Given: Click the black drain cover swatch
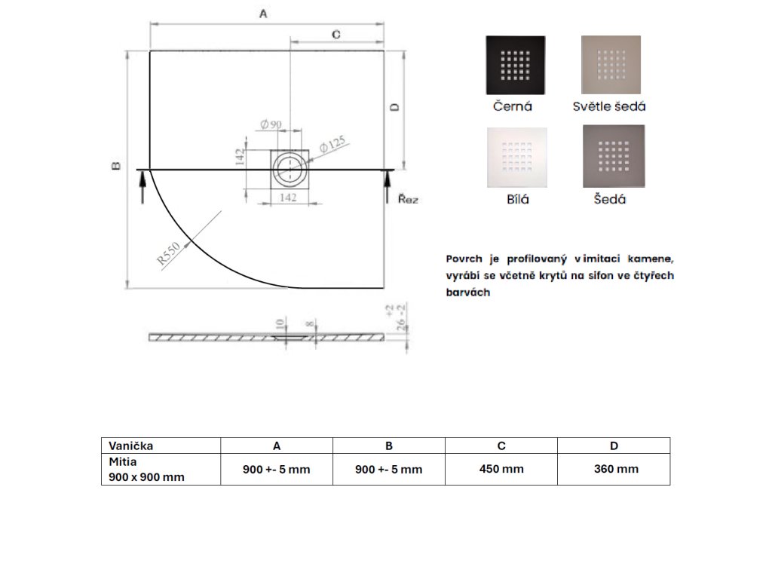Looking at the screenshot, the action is coord(516,65).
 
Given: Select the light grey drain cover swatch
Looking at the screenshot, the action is coord(611,65).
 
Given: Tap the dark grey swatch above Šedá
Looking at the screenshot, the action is coord(614,155).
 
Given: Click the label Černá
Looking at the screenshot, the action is coord(513,106).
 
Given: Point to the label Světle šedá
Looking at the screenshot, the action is coord(609,106).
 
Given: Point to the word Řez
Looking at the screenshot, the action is coord(408,200).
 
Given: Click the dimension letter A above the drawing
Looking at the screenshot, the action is coord(263,13).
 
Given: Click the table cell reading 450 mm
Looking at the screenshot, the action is coord(501,469).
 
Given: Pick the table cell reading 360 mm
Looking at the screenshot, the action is coord(616,469).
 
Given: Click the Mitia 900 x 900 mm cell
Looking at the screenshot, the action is coord(146,469).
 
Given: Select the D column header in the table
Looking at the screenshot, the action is coord(614,446).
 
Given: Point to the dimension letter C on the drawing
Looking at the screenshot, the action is coord(335,34).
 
